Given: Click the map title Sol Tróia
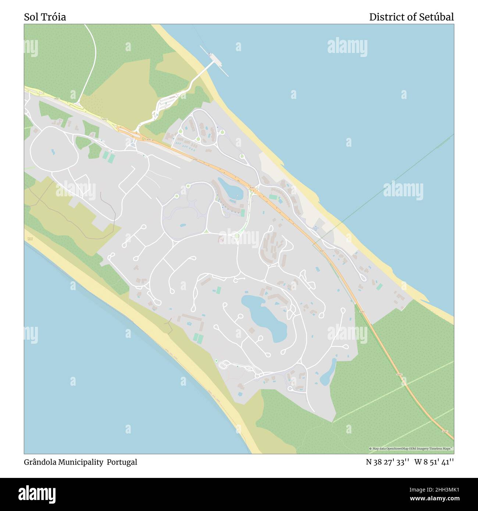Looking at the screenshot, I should [x=45, y=17].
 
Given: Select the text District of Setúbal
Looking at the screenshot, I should [x=411, y=17].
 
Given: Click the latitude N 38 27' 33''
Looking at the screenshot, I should [x=388, y=462].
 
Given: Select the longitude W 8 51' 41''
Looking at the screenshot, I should [x=434, y=462].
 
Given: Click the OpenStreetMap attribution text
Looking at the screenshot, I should [x=411, y=449].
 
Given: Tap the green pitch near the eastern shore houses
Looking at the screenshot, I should [x=379, y=286].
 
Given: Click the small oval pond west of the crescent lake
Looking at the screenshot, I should [x=182, y=225].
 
